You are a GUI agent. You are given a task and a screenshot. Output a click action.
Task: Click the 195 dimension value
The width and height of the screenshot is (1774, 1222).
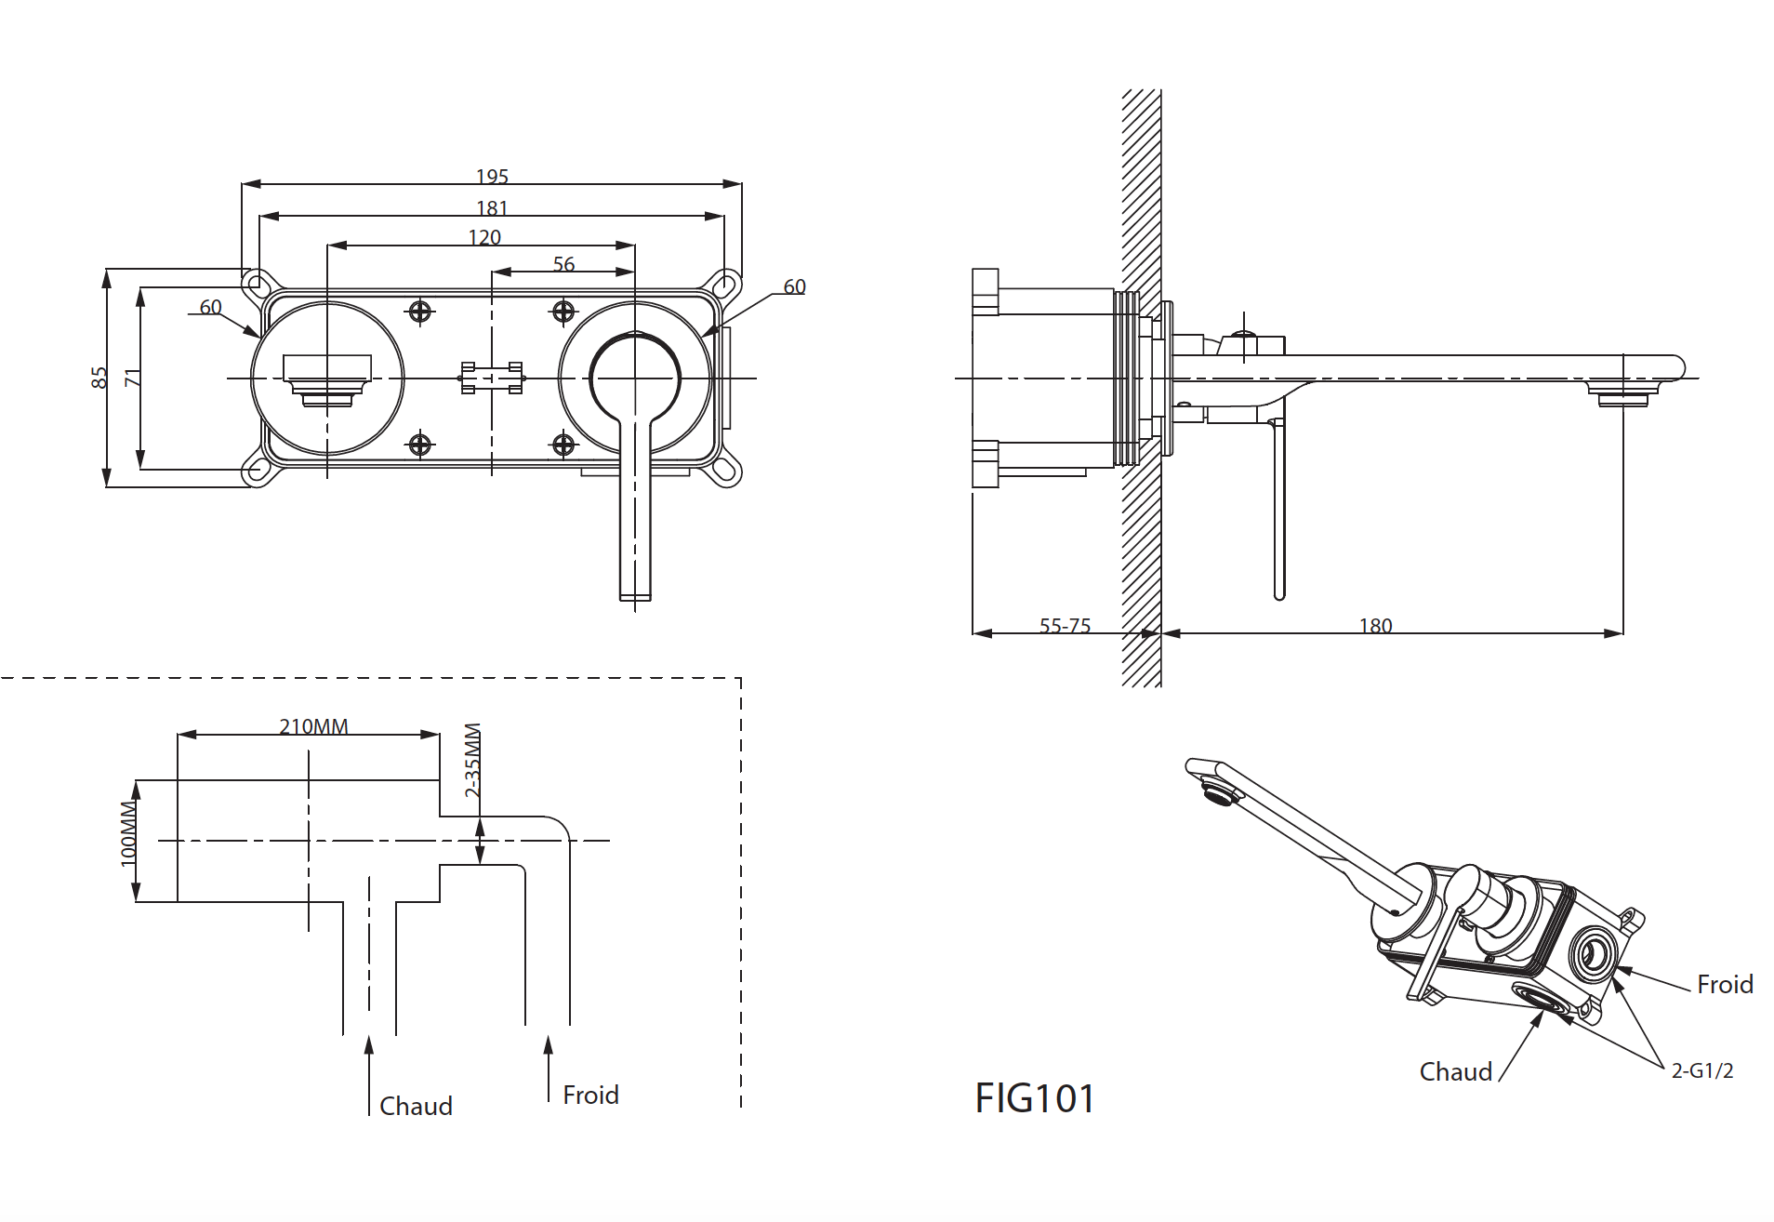[x=492, y=176]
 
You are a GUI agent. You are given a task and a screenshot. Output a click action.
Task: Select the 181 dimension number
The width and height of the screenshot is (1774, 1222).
[x=492, y=207]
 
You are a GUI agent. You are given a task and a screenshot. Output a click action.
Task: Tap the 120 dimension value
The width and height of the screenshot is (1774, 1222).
[x=484, y=237]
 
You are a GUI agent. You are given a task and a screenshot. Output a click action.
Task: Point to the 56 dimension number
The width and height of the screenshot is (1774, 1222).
[x=563, y=264]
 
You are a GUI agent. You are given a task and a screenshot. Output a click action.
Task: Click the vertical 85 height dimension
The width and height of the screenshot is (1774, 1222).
[x=99, y=378]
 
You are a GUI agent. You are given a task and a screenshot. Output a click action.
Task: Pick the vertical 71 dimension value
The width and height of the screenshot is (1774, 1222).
[x=132, y=378]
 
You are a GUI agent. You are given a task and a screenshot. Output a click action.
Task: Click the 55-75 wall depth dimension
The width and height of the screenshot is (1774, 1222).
[x=1065, y=626]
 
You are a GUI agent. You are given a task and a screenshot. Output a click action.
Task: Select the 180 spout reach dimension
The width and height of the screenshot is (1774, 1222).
[x=1375, y=626]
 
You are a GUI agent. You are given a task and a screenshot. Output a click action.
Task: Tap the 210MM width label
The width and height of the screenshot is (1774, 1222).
[x=313, y=726]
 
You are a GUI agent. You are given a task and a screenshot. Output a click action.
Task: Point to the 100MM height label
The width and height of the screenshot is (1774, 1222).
[x=128, y=834]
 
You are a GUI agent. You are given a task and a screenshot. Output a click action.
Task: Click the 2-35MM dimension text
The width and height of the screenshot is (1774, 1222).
[x=472, y=761]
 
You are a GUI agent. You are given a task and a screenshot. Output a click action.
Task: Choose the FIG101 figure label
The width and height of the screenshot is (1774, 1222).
[x=1035, y=1098]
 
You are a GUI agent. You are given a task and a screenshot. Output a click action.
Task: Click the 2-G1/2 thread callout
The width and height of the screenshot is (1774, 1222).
[x=1701, y=1070]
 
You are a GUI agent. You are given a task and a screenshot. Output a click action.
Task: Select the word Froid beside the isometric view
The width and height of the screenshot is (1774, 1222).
[x=1725, y=984]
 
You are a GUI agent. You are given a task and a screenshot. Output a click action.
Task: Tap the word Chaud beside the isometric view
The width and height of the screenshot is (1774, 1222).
[x=1455, y=1072]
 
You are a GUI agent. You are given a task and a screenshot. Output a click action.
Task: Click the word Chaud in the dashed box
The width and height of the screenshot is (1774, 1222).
[x=416, y=1106]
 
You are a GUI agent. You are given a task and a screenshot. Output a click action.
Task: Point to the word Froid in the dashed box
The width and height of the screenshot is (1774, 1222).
[x=590, y=1095]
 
